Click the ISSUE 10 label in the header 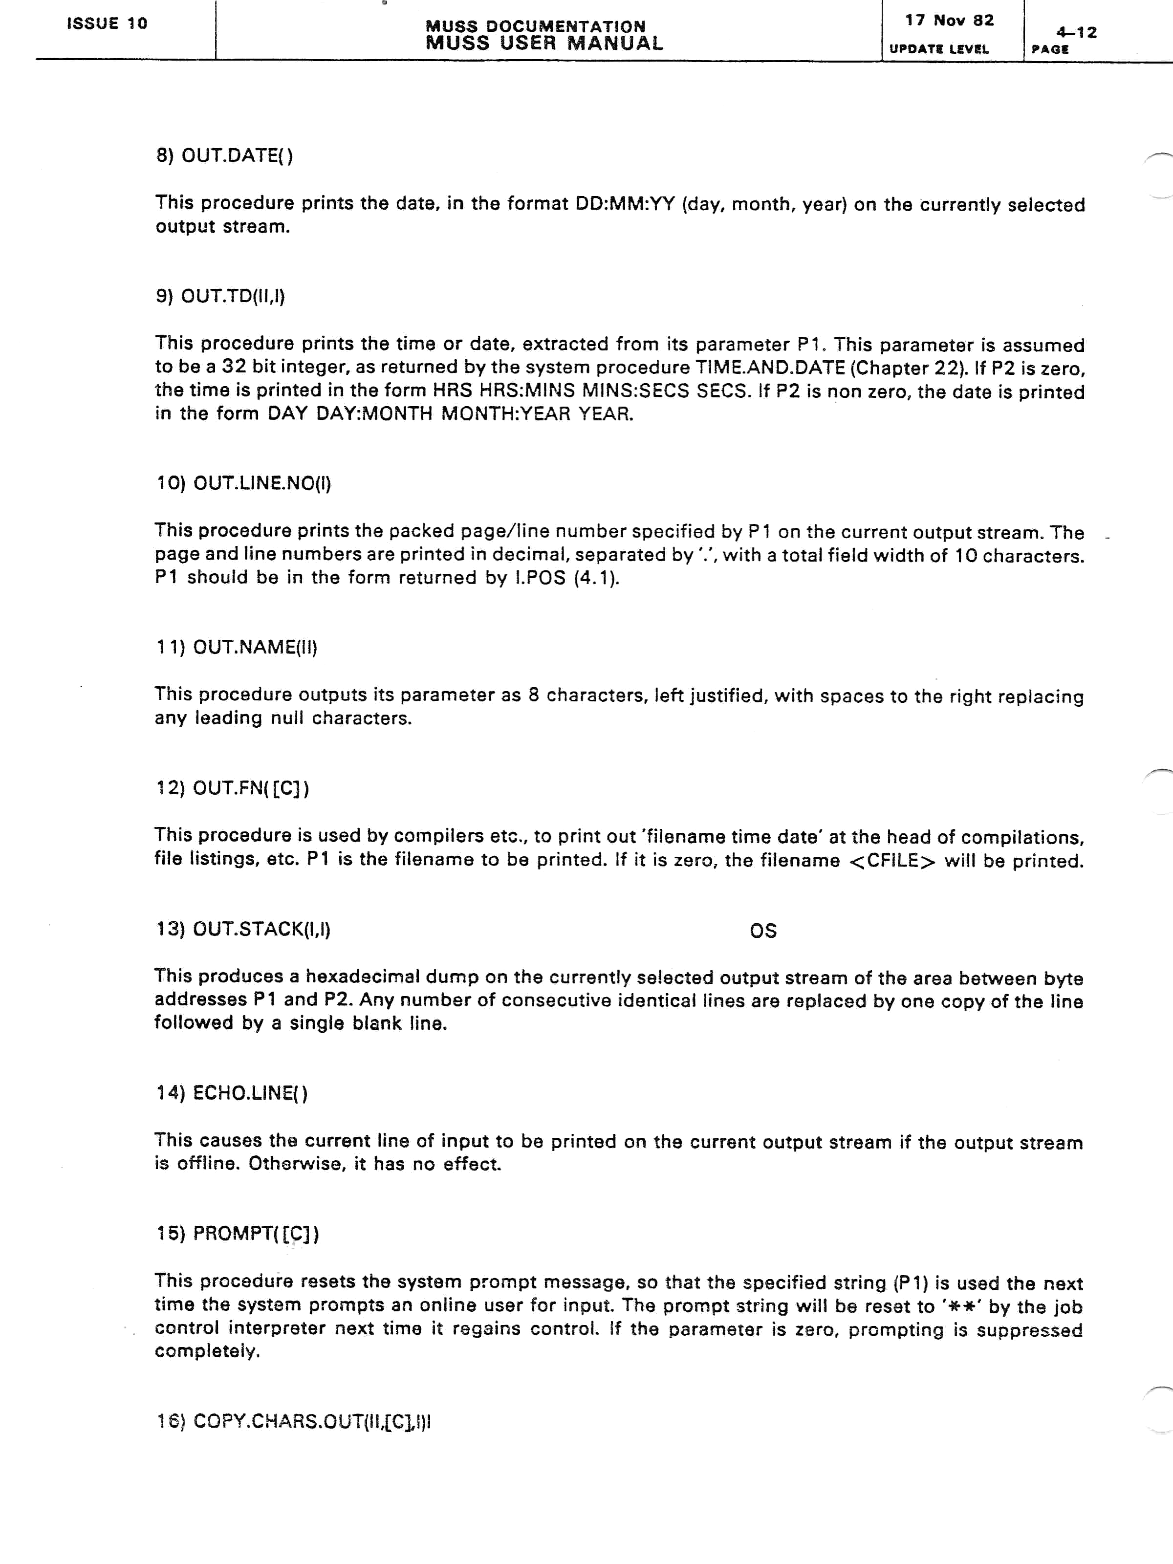[x=107, y=23]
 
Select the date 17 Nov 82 [x=950, y=21]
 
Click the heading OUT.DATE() [x=224, y=155]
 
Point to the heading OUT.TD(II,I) [x=220, y=296]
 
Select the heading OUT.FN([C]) [x=232, y=788]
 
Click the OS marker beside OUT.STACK [x=763, y=931]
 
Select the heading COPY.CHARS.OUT [x=293, y=1421]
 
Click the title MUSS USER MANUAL [x=544, y=43]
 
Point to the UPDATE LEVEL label [x=939, y=49]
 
